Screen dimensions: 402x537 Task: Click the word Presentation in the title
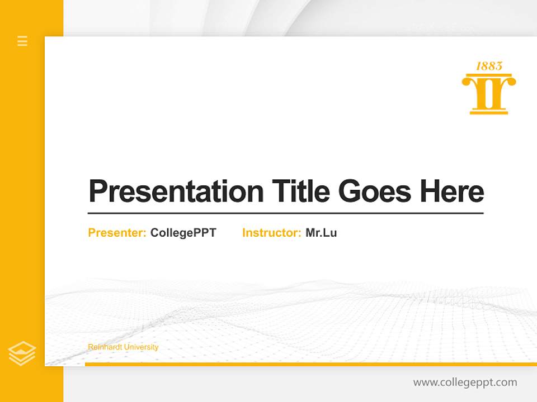click(176, 192)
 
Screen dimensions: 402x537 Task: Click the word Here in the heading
click(452, 192)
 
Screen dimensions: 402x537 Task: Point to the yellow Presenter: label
click(117, 233)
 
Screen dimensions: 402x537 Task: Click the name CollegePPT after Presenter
click(183, 233)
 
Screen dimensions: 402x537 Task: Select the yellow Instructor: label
click(271, 233)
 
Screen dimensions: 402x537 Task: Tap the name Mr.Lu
click(321, 233)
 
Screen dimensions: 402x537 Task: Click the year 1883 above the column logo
click(489, 66)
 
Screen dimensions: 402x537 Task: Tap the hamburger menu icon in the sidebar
click(22, 41)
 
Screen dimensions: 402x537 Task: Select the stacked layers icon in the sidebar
click(22, 353)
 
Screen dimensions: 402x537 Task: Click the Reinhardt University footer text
click(123, 347)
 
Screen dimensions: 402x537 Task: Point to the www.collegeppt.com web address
click(465, 382)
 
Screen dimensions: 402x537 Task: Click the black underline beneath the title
click(285, 213)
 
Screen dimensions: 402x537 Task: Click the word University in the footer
click(141, 347)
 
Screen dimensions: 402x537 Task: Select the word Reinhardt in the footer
click(105, 347)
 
